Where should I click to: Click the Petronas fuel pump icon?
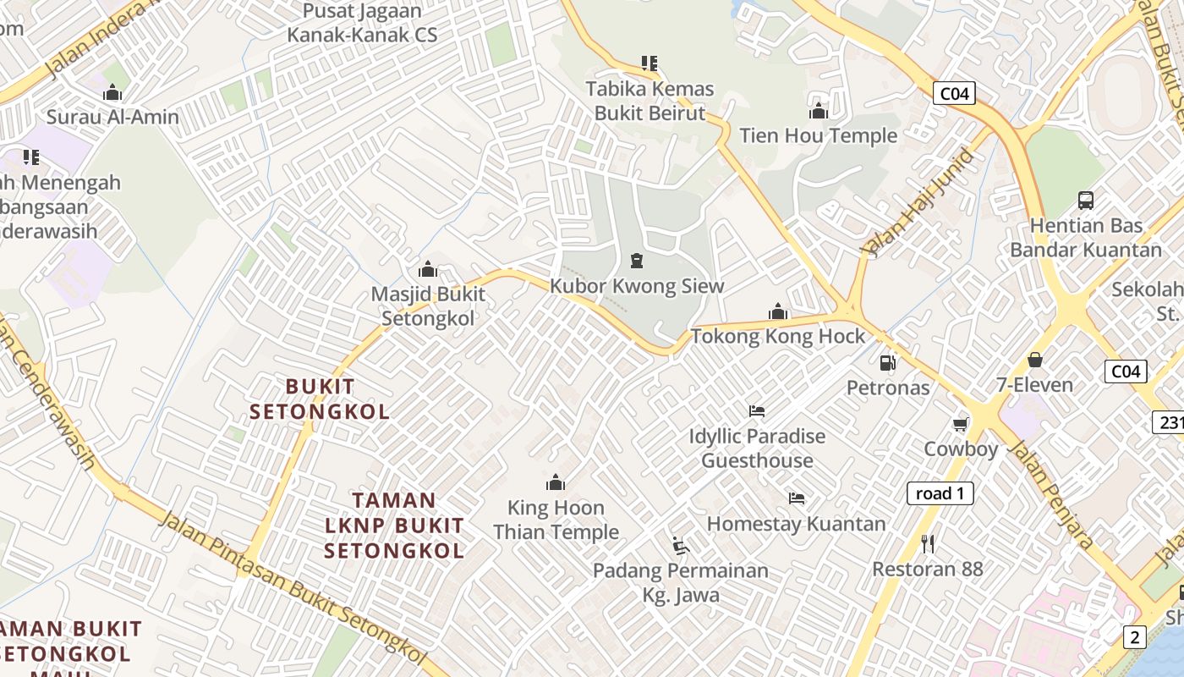(887, 362)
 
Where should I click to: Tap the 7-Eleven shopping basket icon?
(1034, 360)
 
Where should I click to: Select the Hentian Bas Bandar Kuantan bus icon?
(1086, 201)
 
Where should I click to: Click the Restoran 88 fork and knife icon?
(928, 543)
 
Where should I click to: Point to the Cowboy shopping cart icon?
(960, 424)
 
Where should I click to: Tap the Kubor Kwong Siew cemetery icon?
(637, 261)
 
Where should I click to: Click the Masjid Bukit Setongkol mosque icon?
(428, 269)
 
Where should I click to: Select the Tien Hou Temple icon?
(818, 111)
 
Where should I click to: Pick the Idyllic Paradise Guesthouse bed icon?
(757, 411)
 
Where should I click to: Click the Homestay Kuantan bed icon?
(796, 498)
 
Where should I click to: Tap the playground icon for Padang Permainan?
(680, 545)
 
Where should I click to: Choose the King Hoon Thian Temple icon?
(556, 482)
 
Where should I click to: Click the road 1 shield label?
(940, 493)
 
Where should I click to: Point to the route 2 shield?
(1134, 637)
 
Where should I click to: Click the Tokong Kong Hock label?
(778, 336)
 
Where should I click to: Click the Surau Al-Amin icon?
(112, 92)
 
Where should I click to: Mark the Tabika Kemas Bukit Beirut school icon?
(649, 63)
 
